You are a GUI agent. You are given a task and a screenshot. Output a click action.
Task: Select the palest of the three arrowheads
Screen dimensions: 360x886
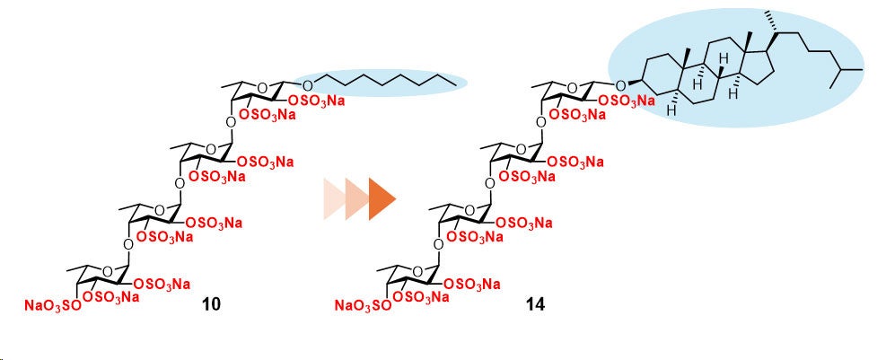tap(335, 198)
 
